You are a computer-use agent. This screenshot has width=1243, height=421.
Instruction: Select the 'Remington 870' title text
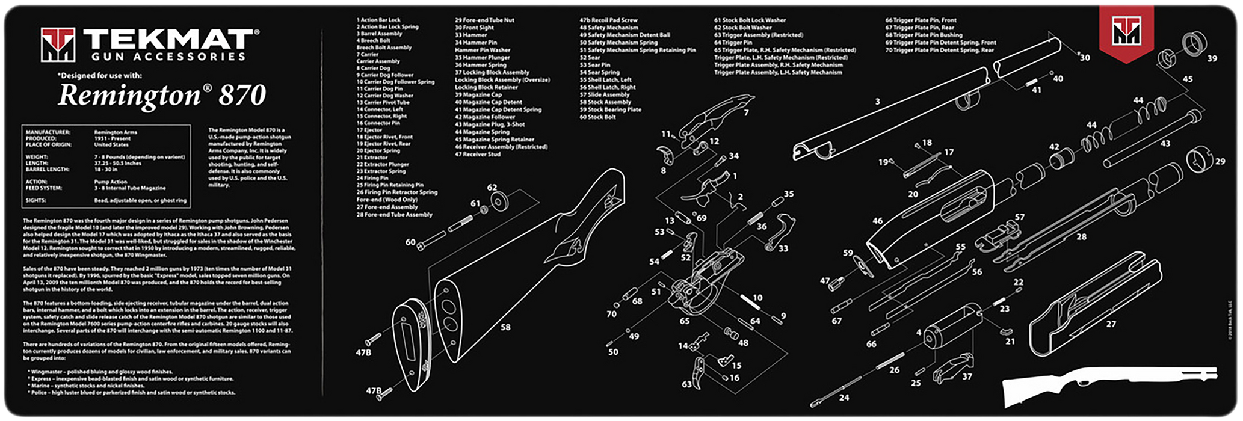pyautogui.click(x=161, y=96)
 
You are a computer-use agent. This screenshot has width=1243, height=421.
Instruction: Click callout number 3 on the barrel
pyautogui.click(x=877, y=102)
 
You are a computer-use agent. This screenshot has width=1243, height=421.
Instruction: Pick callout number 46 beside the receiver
pyautogui.click(x=877, y=221)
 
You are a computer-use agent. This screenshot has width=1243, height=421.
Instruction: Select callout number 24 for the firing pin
pyautogui.click(x=844, y=398)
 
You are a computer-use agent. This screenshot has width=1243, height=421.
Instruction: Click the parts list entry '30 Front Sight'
pyautogui.click(x=474, y=28)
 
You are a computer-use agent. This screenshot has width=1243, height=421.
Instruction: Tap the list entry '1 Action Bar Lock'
pyautogui.click(x=378, y=20)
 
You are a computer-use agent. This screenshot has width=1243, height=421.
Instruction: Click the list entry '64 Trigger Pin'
pyautogui.click(x=733, y=43)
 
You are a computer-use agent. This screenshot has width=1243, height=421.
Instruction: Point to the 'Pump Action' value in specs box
pyautogui.click(x=111, y=181)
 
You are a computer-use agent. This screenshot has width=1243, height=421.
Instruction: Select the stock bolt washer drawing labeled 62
pyautogui.click(x=499, y=201)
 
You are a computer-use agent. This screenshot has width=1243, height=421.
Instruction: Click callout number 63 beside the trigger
pyautogui.click(x=686, y=384)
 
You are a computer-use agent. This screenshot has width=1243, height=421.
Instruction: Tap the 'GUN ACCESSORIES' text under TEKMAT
pyautogui.click(x=168, y=57)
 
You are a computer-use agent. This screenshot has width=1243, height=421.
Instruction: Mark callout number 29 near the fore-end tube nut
pyautogui.click(x=1220, y=161)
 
